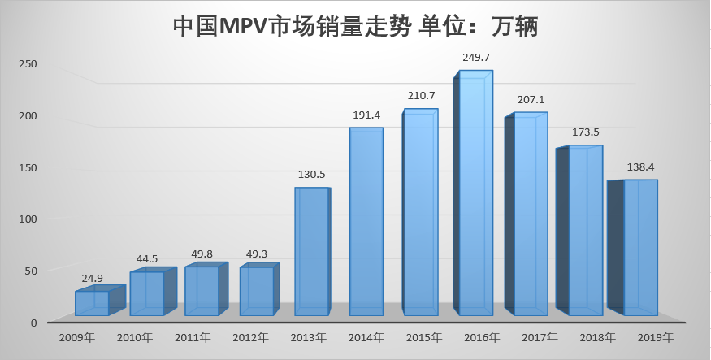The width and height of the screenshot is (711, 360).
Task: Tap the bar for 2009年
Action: click(92, 303)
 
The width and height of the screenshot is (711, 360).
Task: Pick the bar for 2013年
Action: click(311, 252)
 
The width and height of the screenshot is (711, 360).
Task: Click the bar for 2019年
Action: click(640, 248)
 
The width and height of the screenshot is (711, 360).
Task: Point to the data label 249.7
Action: click(476, 58)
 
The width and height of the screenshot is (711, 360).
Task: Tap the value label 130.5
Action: click(311, 174)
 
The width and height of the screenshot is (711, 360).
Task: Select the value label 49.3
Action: click(257, 254)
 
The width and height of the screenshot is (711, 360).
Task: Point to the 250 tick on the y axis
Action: click(28, 63)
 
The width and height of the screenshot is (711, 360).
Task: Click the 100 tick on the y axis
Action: click(28, 219)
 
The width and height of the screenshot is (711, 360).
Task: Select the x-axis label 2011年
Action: click(192, 337)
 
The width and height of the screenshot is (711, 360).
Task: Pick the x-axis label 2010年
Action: click(136, 337)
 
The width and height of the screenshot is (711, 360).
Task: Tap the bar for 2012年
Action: click(257, 291)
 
